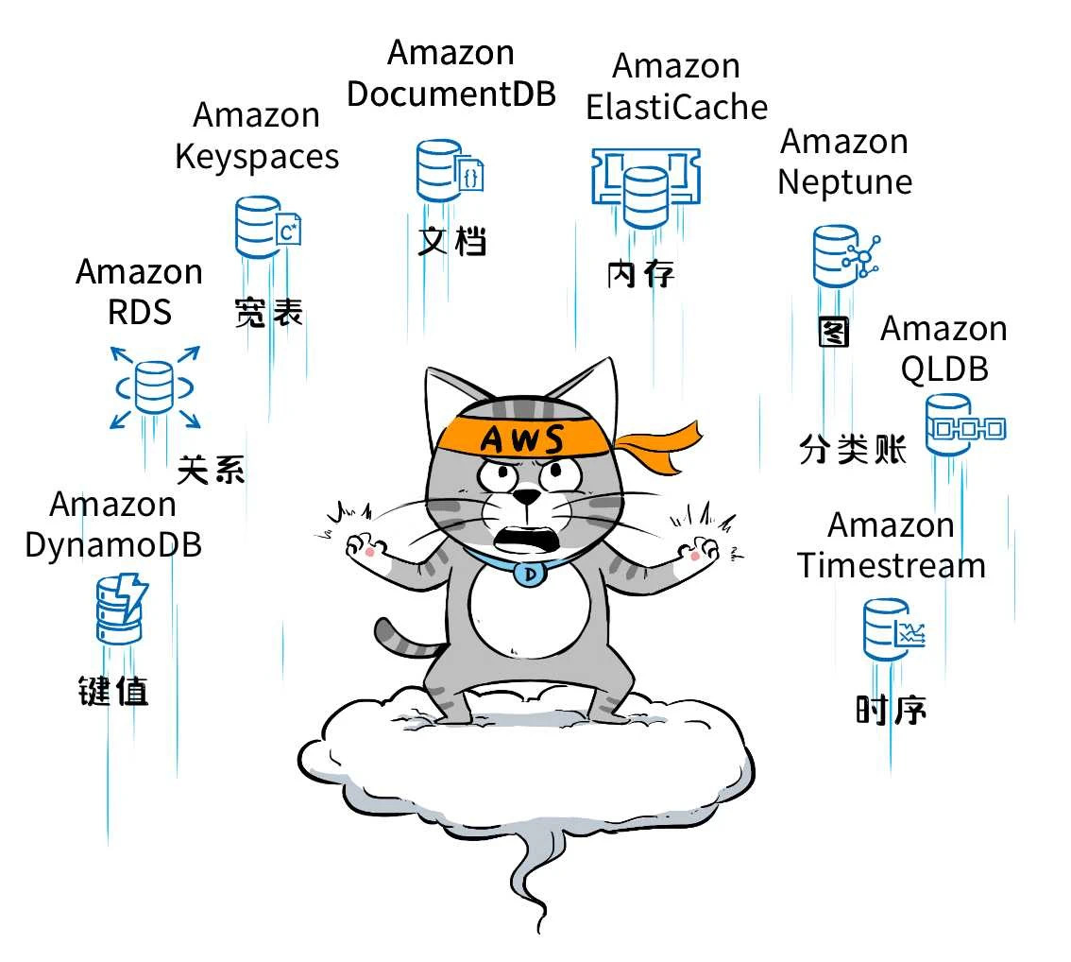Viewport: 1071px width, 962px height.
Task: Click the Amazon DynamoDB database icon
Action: pos(121,610)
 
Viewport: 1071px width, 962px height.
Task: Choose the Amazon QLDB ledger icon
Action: pos(963,425)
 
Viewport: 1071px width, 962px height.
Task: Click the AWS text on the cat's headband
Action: pos(522,439)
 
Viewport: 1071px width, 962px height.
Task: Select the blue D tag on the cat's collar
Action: pos(530,572)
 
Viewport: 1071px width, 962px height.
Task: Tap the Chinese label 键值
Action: pos(113,690)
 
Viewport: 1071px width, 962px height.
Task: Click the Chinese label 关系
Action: pos(212,468)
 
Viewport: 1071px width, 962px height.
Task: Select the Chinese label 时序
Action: pos(891,709)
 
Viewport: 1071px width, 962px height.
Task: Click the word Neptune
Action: pos(844,181)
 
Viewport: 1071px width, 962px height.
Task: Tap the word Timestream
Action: pos(891,565)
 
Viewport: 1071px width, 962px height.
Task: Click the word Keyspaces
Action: pos(257,156)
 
